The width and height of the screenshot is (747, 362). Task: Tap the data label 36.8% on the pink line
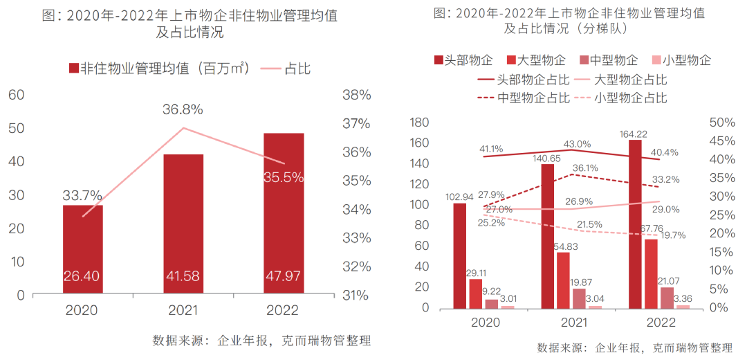coord(183,109)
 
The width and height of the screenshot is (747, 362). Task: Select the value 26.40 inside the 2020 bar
coord(82,276)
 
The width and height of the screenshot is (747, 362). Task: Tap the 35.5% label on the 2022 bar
coord(284,177)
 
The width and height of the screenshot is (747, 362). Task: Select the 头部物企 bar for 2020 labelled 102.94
coord(460,255)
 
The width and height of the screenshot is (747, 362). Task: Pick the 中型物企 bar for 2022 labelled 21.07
coord(667,298)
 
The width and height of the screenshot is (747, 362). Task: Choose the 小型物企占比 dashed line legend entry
coord(630,98)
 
